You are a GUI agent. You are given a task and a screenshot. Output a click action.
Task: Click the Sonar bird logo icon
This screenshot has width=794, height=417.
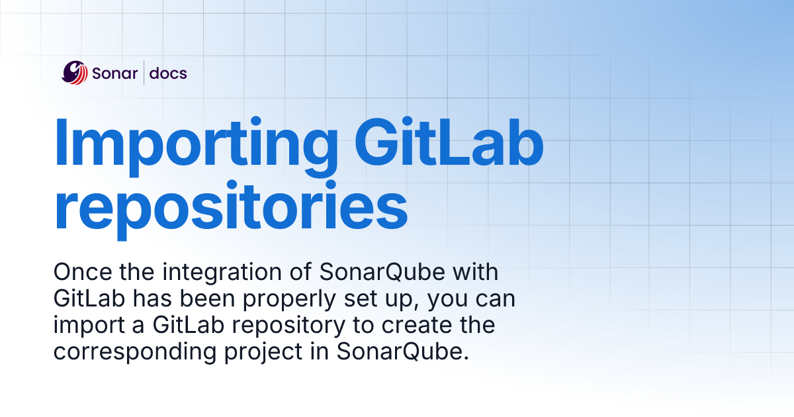click(x=74, y=73)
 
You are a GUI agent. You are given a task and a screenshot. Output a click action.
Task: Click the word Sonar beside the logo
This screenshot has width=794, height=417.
click(x=115, y=73)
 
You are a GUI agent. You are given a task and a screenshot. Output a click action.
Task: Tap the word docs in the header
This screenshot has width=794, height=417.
click(x=168, y=73)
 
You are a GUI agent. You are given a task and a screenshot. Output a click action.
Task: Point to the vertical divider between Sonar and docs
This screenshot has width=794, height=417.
click(x=144, y=73)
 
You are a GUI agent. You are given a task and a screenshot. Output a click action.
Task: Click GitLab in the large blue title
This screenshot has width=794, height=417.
click(x=449, y=142)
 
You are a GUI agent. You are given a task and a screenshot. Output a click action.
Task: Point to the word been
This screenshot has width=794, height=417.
click(x=207, y=299)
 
